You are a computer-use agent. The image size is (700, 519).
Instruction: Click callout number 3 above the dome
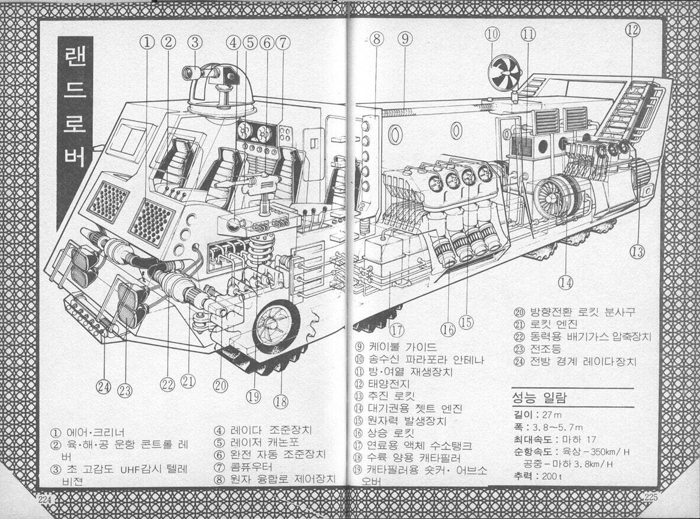195,41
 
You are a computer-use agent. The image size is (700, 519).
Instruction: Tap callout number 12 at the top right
633,30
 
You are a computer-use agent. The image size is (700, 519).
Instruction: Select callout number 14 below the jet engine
566,282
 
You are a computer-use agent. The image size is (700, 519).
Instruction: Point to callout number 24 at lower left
105,387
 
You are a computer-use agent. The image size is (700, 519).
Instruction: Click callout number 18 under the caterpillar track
280,402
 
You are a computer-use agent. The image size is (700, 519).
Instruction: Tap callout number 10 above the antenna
492,34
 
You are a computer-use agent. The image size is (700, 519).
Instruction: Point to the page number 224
46,499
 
